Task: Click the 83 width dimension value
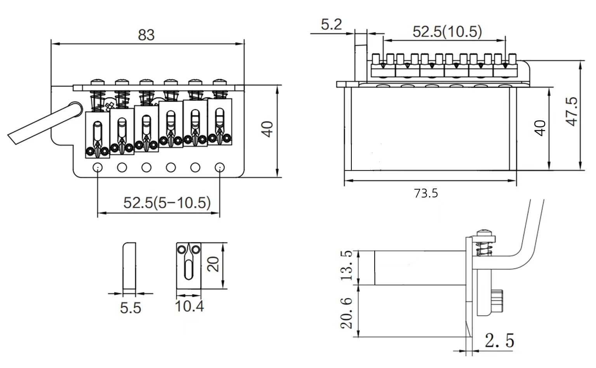click(146, 35)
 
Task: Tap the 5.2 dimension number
click(331, 24)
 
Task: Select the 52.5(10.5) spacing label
click(447, 31)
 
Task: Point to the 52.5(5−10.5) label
click(167, 202)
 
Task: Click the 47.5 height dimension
click(572, 111)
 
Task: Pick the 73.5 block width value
click(426, 193)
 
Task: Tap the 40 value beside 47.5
click(540, 128)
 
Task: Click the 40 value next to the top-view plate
click(267, 129)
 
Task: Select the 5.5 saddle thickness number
click(130, 308)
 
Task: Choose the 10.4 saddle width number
click(189, 306)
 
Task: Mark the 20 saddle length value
click(213, 264)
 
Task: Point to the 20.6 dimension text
click(346, 313)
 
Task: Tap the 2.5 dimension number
click(499, 340)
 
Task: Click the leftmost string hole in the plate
click(97, 168)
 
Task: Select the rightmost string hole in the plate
click(220, 168)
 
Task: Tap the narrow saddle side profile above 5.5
click(130, 266)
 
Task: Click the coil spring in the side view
click(483, 248)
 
